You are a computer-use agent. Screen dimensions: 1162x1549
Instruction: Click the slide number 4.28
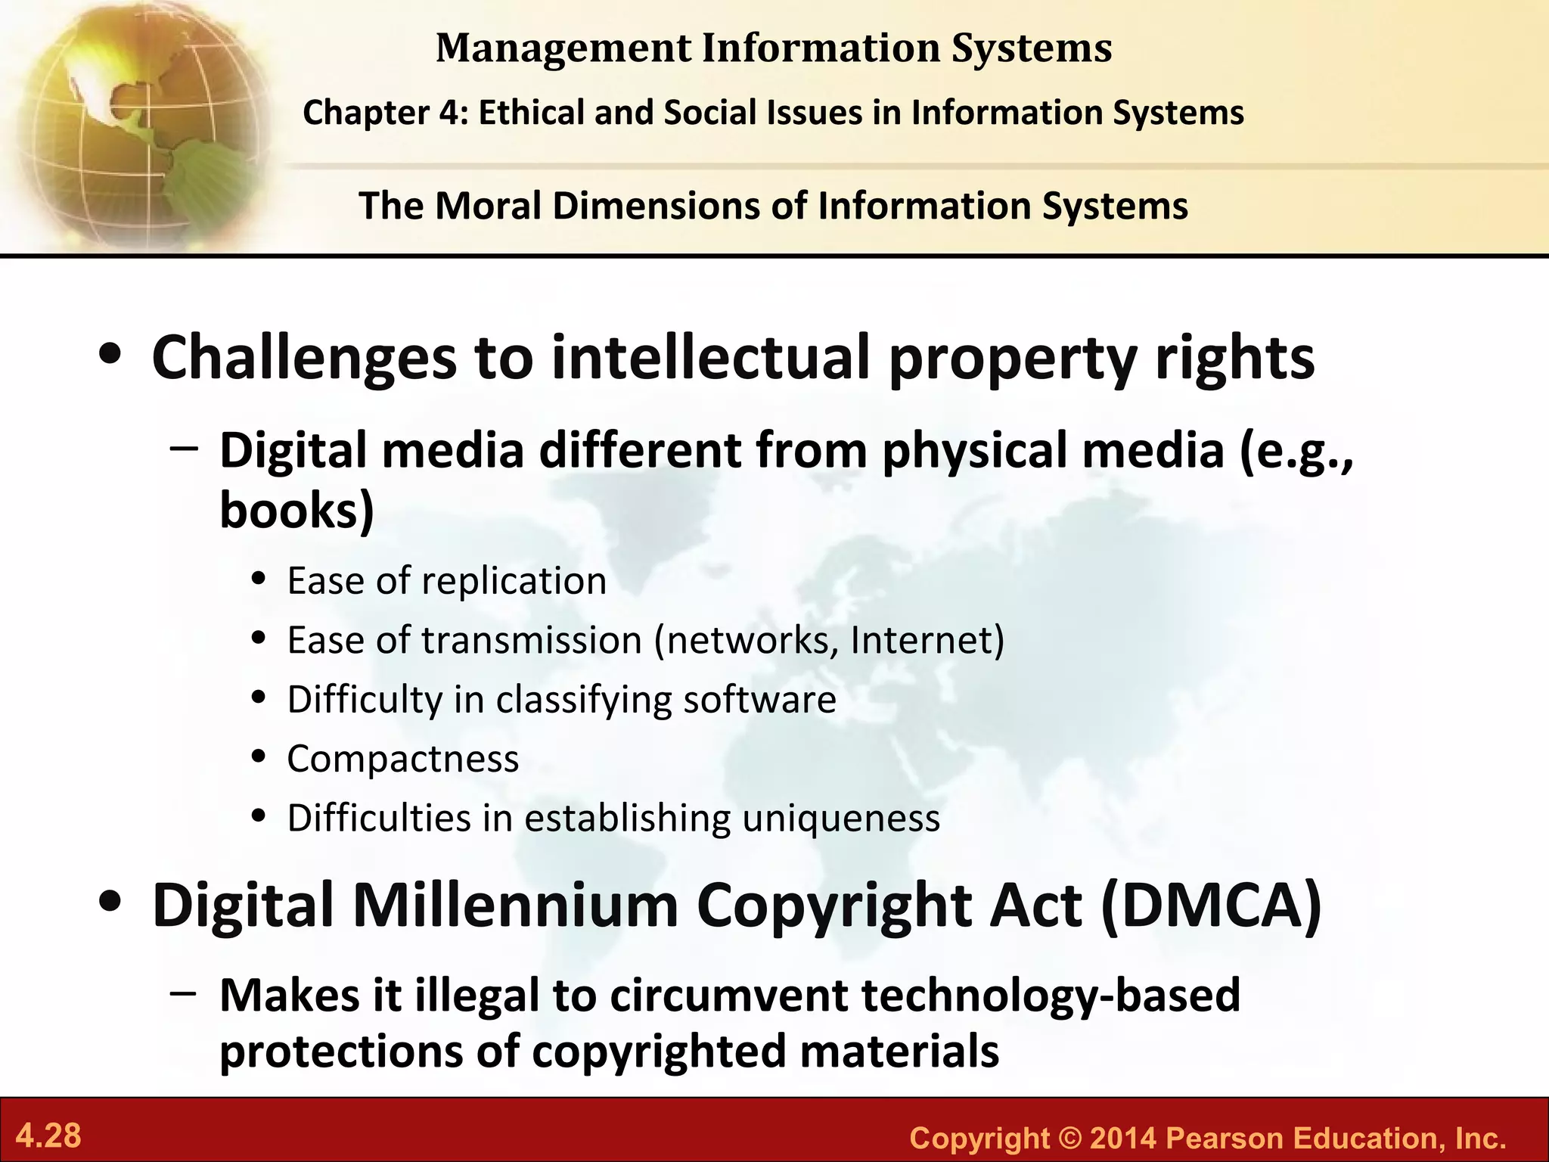click(48, 1136)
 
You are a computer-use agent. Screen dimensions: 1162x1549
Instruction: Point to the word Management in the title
click(563, 48)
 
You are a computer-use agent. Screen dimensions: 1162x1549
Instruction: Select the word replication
click(514, 581)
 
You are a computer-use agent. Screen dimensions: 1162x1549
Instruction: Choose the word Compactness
click(403, 759)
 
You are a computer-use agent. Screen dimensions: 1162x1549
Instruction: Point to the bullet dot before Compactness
click(259, 757)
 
